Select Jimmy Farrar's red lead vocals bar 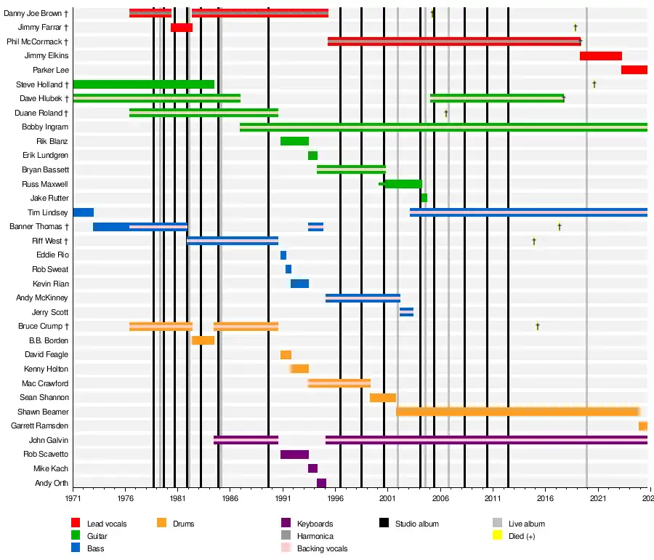click(x=182, y=28)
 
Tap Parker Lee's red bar click(x=634, y=70)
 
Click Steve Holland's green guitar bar click(x=144, y=84)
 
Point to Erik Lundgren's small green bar click(x=312, y=156)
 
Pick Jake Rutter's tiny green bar click(x=424, y=198)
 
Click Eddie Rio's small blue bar click(x=283, y=255)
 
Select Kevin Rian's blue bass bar click(x=299, y=284)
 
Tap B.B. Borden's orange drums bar click(x=203, y=340)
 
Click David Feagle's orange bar click(x=286, y=355)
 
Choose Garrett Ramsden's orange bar click(x=642, y=426)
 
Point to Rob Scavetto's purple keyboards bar click(x=294, y=455)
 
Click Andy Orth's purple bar click(x=321, y=483)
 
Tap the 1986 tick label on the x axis click(x=230, y=499)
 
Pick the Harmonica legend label click(x=316, y=536)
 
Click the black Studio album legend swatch click(x=384, y=523)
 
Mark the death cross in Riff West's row click(x=533, y=241)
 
